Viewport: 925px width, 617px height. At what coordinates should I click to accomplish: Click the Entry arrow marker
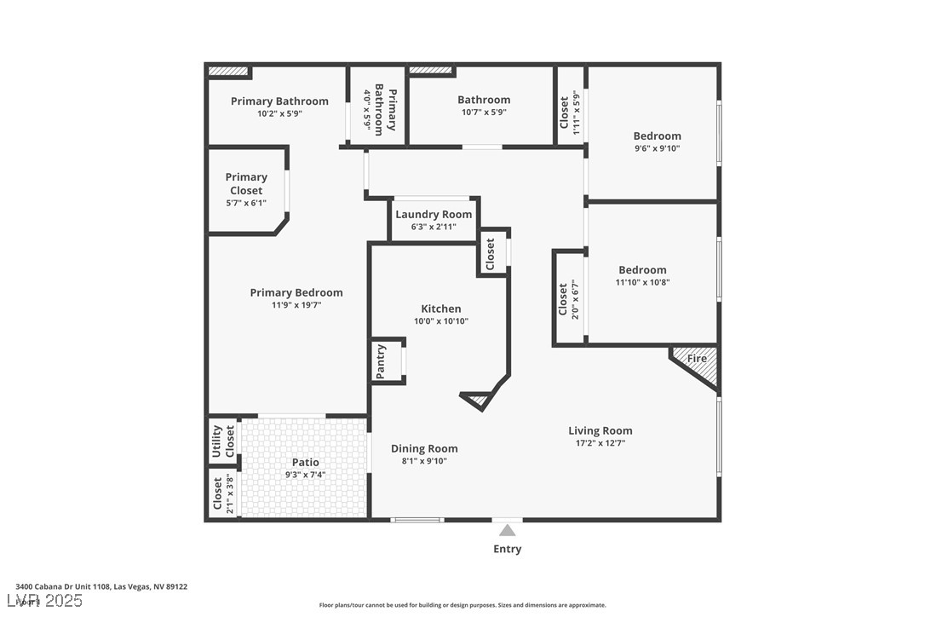coord(507,530)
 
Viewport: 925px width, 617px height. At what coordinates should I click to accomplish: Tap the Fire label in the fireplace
coord(697,359)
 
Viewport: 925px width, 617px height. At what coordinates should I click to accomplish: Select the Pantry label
coord(381,361)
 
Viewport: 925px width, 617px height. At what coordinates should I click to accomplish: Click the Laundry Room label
coord(434,215)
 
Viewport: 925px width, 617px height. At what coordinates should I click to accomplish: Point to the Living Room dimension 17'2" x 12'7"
coord(600,443)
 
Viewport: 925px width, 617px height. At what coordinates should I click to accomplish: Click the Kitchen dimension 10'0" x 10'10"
coord(441,321)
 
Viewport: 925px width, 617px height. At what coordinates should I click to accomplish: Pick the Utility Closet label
coord(217,441)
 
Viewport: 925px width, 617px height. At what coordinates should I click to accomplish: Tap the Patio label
coord(305,462)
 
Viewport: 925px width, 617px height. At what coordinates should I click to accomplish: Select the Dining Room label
coord(424,448)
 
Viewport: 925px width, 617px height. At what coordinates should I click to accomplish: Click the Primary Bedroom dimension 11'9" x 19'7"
coord(296,305)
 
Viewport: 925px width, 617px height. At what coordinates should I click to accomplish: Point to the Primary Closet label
coord(246,183)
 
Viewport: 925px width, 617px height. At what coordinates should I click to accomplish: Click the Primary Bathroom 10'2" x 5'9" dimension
coord(279,113)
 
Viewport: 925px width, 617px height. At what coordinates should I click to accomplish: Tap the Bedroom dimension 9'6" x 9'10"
coord(657,148)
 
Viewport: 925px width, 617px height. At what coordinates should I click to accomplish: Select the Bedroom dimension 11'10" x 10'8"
coord(642,283)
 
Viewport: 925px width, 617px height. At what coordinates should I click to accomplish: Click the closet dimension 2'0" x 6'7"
coord(575,298)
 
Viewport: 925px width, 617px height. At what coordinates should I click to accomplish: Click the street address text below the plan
coord(101,586)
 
